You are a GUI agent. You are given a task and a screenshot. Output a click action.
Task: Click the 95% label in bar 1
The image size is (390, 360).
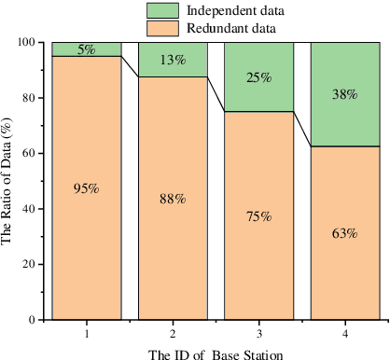click(86, 188)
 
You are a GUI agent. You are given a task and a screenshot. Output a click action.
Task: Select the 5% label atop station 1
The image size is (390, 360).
click(86, 49)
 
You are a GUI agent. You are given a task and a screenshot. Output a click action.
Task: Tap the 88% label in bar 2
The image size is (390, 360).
click(173, 199)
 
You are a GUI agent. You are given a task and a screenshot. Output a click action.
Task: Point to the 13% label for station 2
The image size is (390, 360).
click(173, 61)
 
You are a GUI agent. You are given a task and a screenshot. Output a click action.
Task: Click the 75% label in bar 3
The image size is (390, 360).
click(258, 216)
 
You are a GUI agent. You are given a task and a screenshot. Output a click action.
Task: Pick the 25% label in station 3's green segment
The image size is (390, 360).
click(258, 77)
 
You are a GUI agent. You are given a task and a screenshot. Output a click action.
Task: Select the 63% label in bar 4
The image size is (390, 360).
click(344, 233)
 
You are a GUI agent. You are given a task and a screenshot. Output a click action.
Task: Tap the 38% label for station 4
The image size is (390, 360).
click(344, 94)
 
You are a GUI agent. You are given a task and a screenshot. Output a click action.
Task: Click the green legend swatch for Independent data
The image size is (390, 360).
click(163, 10)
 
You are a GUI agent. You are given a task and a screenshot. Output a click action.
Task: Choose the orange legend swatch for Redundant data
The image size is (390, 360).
click(163, 29)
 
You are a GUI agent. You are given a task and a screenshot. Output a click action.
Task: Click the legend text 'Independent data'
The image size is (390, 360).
click(235, 10)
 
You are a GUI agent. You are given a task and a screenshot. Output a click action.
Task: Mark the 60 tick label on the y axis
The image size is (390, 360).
click(32, 153)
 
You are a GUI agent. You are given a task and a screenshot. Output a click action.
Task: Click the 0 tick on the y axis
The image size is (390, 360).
click(35, 320)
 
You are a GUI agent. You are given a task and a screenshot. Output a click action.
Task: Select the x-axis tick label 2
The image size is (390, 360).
click(173, 332)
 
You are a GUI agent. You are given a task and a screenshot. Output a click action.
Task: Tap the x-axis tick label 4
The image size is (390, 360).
click(344, 332)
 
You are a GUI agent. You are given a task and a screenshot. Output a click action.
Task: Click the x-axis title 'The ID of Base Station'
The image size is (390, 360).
click(216, 353)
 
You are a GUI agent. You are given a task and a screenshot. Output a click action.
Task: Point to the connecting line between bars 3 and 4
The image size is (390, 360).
click(301, 130)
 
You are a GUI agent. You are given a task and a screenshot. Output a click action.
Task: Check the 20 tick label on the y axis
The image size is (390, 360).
click(32, 264)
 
